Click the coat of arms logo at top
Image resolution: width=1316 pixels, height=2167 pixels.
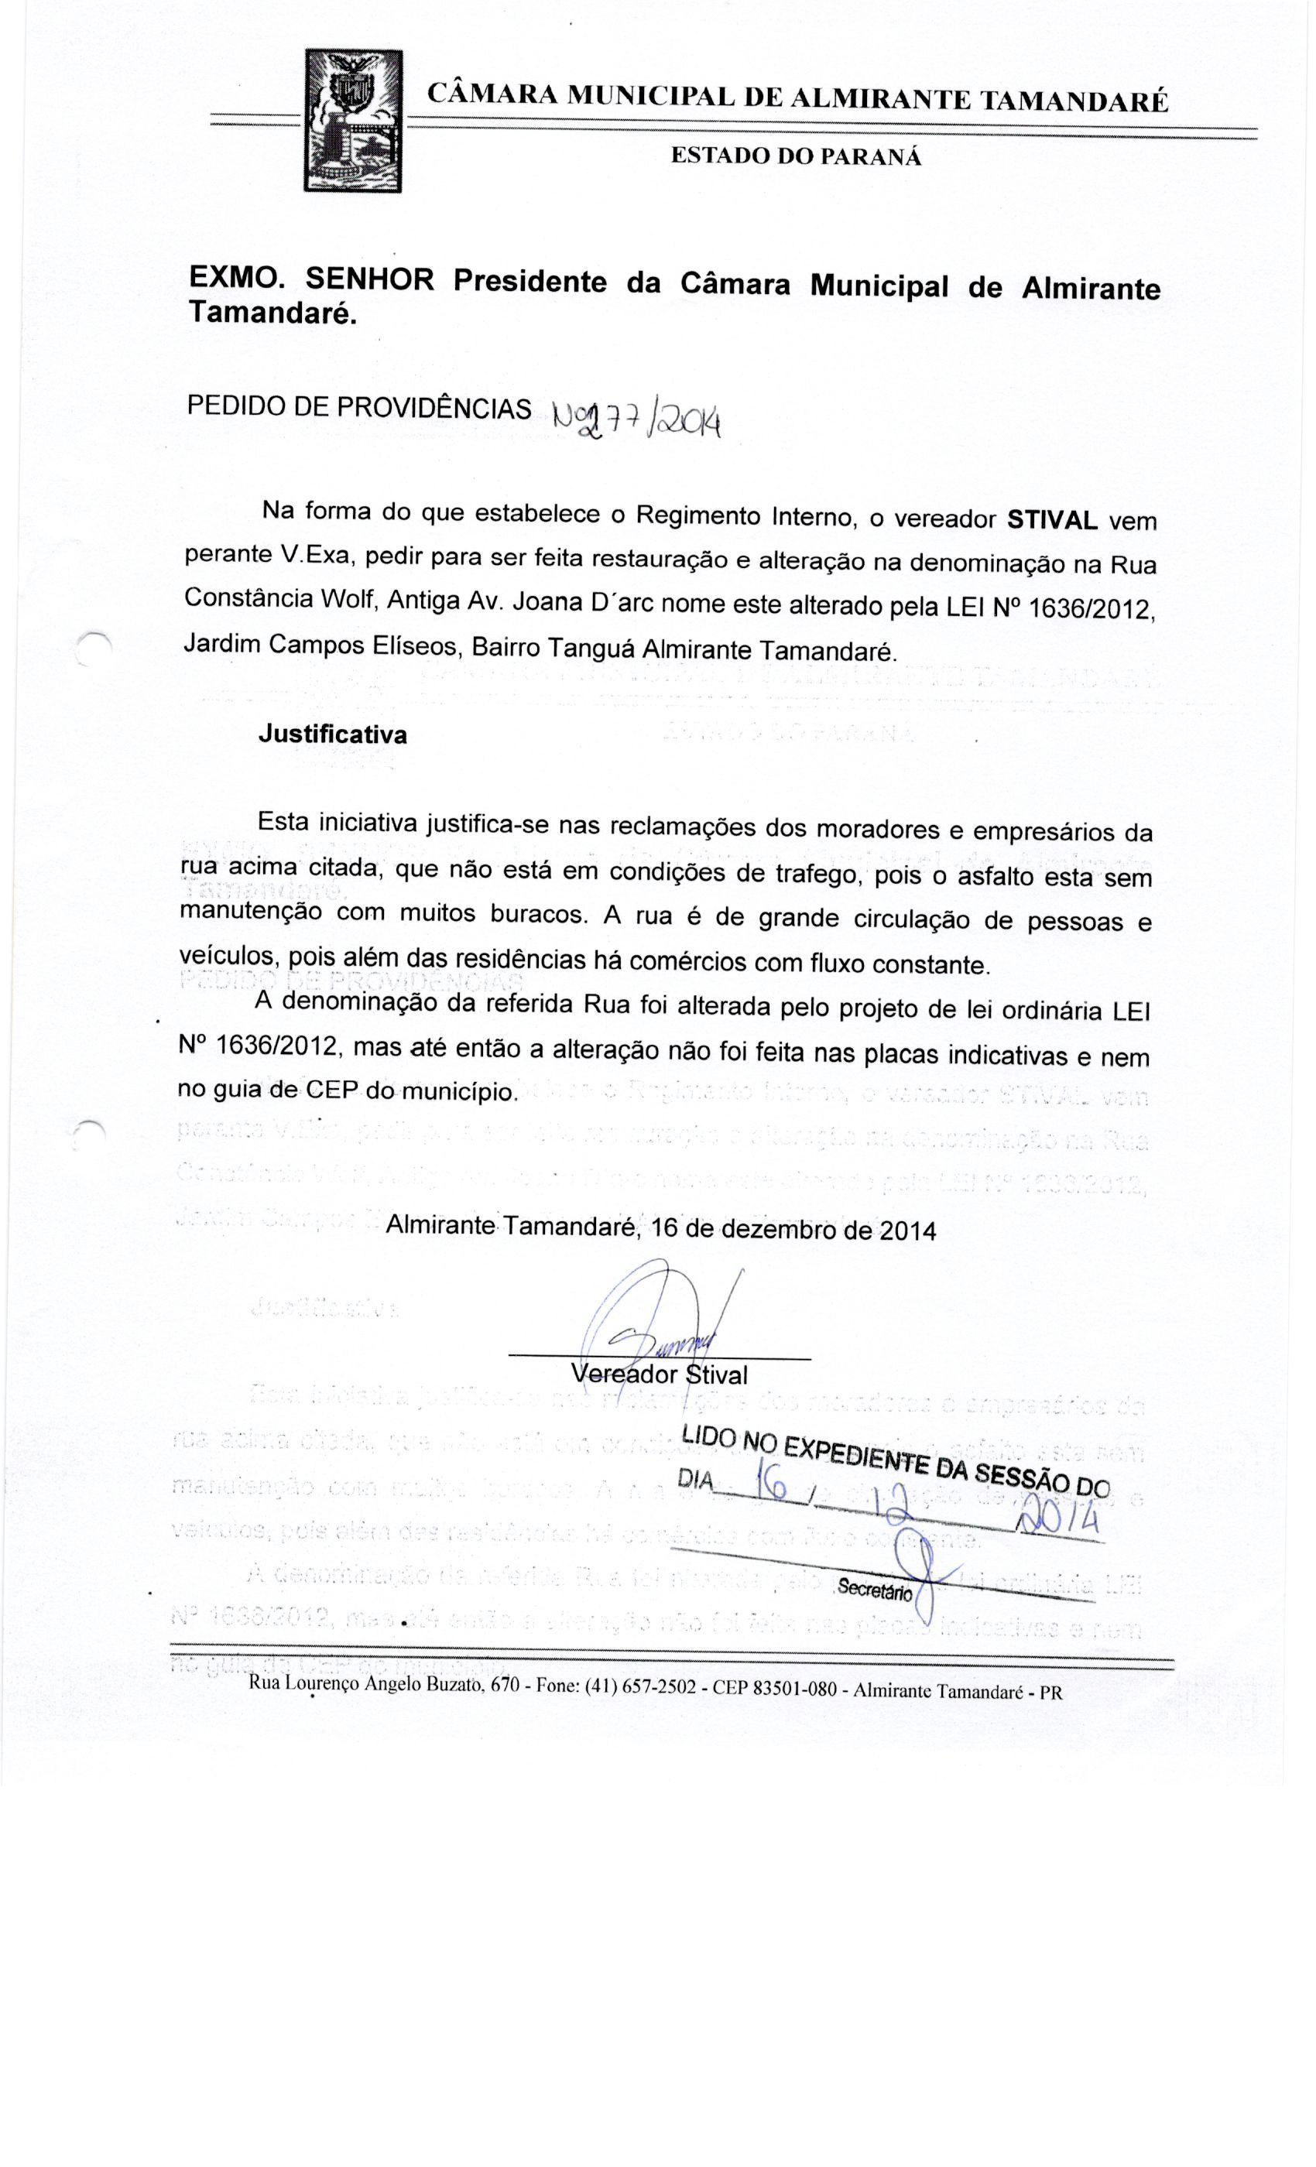coord(352,121)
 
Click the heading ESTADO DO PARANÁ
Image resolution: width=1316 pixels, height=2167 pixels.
coord(796,156)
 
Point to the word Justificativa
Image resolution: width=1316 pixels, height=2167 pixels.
coord(333,734)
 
